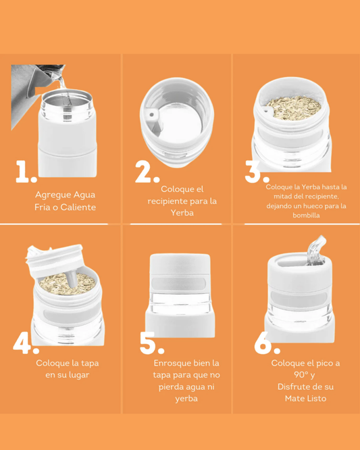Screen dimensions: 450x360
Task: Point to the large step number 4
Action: click(25, 343)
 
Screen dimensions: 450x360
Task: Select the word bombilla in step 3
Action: click(305, 216)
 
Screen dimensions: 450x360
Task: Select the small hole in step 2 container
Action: click(152, 115)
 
